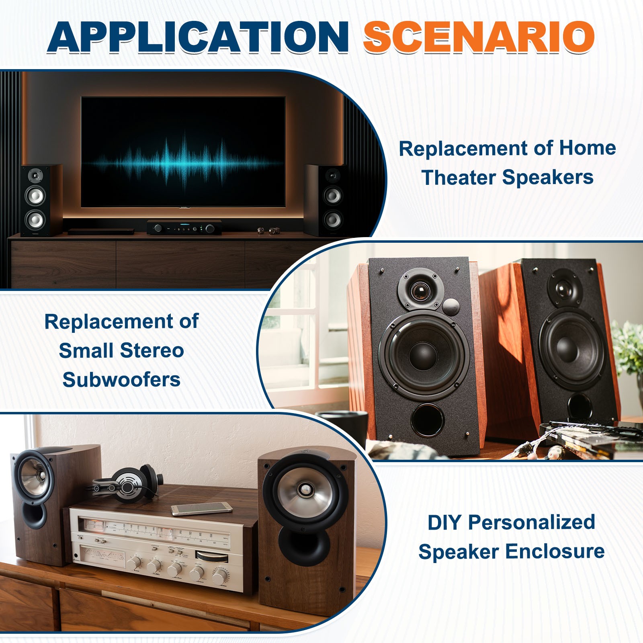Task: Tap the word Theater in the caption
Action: click(459, 177)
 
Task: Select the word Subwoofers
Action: click(121, 379)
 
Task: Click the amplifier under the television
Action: click(184, 227)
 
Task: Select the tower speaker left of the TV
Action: click(41, 200)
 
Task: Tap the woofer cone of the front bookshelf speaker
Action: click(424, 354)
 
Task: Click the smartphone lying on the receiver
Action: click(201, 509)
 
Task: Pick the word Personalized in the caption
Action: click(532, 522)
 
